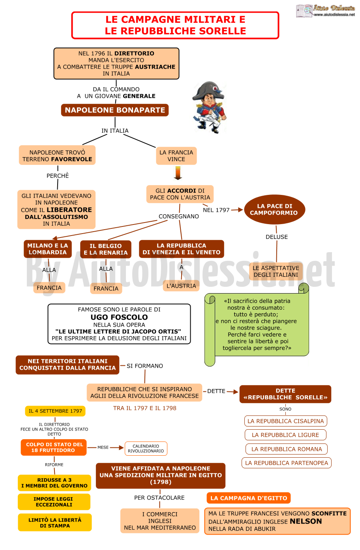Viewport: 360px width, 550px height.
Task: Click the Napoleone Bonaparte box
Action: (x=114, y=110)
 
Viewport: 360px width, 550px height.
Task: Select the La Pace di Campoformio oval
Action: (x=274, y=210)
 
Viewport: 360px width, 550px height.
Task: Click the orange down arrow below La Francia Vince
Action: (x=178, y=173)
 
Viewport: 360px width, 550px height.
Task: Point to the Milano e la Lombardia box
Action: (x=47, y=249)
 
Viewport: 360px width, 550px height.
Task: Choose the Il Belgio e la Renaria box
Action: (x=106, y=249)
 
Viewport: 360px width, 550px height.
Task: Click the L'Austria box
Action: (x=181, y=286)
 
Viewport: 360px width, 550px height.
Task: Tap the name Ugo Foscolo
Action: (x=119, y=317)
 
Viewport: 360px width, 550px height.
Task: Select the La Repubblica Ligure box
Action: (x=285, y=435)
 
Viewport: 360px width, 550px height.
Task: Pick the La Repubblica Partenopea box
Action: (x=287, y=463)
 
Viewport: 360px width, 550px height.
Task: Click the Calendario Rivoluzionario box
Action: (x=146, y=449)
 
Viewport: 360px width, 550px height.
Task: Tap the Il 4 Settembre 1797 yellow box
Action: (x=55, y=411)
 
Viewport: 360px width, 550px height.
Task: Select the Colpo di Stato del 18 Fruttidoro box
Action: (x=54, y=447)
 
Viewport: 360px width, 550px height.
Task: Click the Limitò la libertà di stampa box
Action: (x=55, y=522)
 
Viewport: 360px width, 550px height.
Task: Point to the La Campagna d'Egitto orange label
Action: (x=249, y=498)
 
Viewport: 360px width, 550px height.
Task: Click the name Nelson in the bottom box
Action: (x=306, y=521)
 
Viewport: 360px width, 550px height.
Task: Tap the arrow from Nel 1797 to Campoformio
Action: (x=237, y=210)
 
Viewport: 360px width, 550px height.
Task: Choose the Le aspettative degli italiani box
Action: (x=276, y=271)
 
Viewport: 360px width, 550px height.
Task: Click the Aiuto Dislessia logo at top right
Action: (x=325, y=11)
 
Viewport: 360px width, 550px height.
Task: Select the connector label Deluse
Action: (x=277, y=237)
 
